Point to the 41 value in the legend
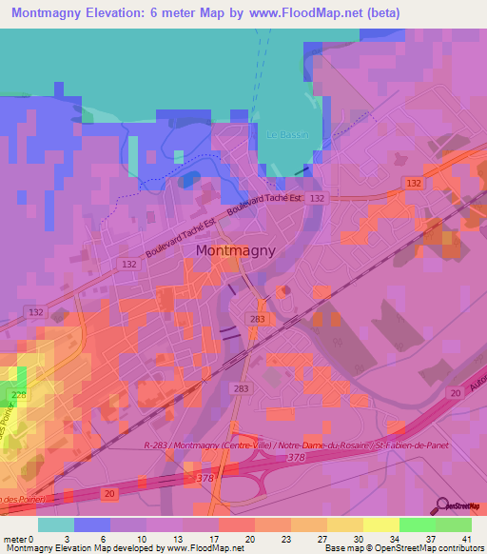coord(465,539)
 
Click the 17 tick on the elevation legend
coord(213,539)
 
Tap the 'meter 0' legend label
coord(18,539)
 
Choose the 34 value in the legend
coord(393,539)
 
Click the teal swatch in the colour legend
coord(55,524)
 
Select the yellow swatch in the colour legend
coord(380,524)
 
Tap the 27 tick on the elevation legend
coord(321,539)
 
